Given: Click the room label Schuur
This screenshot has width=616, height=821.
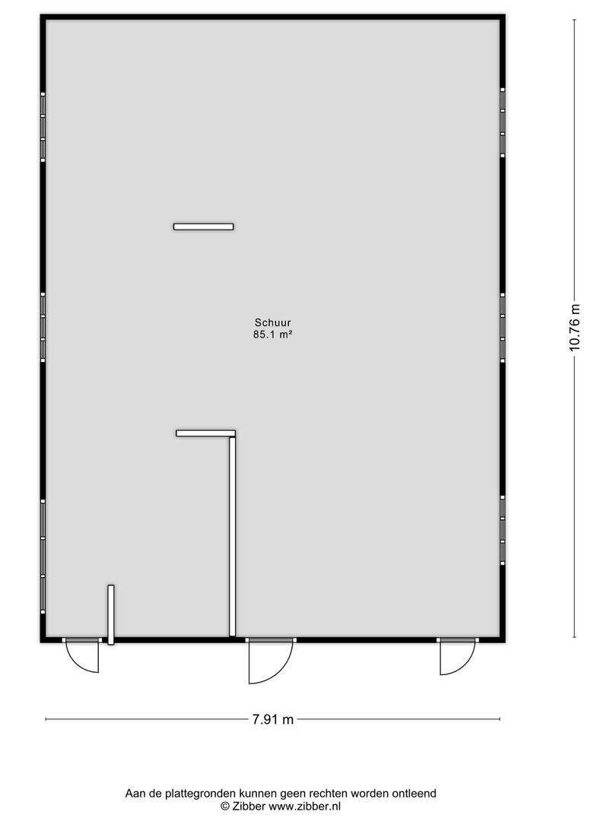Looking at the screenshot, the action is [x=272, y=322].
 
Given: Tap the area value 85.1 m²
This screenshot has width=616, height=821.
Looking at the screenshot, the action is [x=272, y=334].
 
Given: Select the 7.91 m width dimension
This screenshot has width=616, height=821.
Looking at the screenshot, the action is [x=273, y=719].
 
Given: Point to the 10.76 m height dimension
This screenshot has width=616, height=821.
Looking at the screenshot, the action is [x=575, y=328].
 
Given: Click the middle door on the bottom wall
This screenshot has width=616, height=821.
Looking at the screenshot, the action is [x=271, y=661].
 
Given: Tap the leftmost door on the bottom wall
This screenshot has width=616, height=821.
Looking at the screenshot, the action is [x=82, y=655].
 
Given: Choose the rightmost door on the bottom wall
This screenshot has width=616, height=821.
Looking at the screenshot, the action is [x=457, y=657].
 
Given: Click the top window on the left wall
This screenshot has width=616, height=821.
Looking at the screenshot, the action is [x=43, y=127].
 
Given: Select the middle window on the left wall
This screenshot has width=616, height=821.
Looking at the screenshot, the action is [x=43, y=327].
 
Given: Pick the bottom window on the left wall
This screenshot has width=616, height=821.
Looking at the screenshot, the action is [x=43, y=556].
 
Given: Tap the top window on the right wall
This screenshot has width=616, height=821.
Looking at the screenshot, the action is [x=503, y=122].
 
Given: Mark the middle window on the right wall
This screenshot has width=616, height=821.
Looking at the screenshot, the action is [x=503, y=328].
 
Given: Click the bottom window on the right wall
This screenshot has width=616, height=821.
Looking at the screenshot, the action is [x=503, y=531].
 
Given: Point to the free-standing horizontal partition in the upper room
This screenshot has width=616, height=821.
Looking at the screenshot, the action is [x=204, y=227].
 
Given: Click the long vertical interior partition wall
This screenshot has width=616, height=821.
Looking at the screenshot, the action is [x=233, y=537].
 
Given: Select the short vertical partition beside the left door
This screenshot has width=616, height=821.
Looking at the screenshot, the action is [x=111, y=615].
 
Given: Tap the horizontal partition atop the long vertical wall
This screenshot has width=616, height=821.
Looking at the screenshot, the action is [x=206, y=433].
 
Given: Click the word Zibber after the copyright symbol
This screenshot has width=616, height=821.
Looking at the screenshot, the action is [x=249, y=807].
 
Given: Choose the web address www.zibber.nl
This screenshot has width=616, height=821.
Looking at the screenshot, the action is [x=305, y=807].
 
